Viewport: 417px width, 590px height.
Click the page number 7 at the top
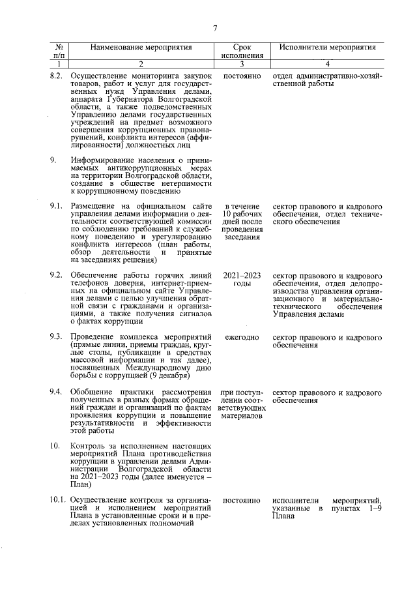214,27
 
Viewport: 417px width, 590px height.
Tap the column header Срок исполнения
242,52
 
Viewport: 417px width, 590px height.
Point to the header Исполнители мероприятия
328,48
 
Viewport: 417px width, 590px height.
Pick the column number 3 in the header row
242,64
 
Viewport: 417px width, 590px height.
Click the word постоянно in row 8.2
242,76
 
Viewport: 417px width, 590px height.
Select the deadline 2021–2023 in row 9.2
242,275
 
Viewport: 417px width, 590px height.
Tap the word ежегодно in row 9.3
242,337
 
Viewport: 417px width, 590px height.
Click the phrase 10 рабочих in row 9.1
242,214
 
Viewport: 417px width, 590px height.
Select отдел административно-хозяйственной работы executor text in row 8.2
327,80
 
